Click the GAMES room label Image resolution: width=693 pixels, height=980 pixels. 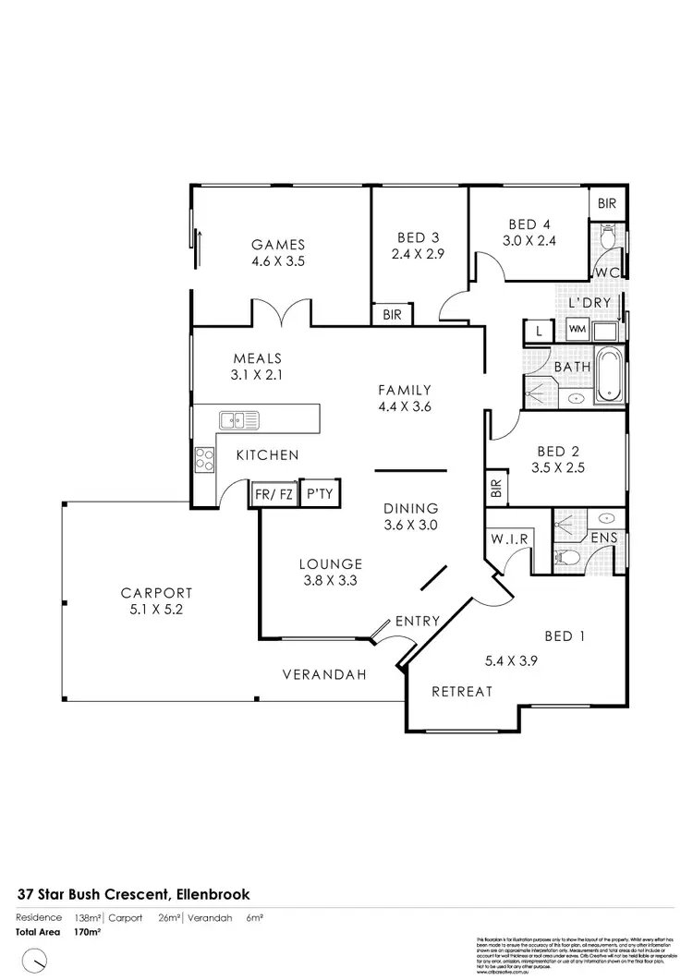(278, 245)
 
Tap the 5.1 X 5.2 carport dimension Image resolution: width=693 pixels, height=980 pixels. (155, 611)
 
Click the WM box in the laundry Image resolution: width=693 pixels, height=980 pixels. (577, 329)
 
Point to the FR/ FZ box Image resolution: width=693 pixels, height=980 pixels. (273, 495)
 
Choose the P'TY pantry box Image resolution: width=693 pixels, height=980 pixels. (320, 495)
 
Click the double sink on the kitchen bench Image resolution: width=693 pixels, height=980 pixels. (239, 420)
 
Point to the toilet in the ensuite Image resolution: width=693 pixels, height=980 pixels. (565, 556)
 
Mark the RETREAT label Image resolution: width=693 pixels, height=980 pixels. (462, 691)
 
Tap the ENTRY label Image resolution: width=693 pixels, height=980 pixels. (417, 621)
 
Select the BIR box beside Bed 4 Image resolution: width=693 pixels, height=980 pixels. (607, 203)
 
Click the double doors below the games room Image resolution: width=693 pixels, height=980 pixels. (283, 314)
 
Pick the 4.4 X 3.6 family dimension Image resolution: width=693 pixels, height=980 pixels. (405, 406)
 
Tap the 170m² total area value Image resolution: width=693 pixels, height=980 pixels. (87, 932)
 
